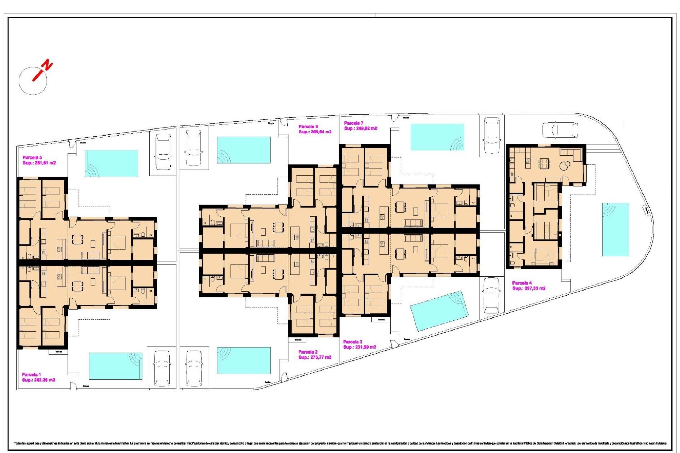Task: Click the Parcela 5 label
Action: point(32,157)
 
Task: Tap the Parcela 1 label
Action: point(31,374)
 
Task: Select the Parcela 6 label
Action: point(308,126)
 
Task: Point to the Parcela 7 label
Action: point(353,123)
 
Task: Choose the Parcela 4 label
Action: point(522,283)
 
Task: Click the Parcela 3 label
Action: point(352,342)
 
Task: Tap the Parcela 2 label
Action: point(308,352)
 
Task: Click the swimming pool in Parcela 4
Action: point(616,229)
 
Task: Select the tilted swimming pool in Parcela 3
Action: point(439,311)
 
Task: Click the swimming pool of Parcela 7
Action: point(437,137)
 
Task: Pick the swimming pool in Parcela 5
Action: point(111,163)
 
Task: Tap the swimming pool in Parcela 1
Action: point(115,366)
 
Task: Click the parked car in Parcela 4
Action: point(560,130)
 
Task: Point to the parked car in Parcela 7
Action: point(492,136)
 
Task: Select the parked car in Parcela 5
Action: point(163,152)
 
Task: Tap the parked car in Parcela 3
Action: point(492,295)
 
